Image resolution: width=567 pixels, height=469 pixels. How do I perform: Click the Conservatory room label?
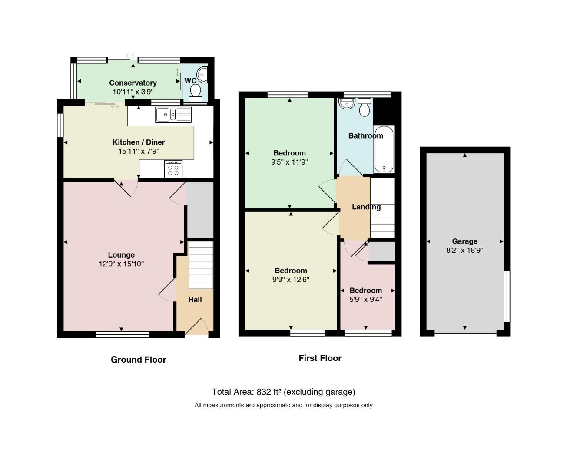click(x=133, y=83)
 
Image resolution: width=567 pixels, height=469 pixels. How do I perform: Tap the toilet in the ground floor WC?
click(x=196, y=93)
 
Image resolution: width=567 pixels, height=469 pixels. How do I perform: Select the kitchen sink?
click(x=173, y=115)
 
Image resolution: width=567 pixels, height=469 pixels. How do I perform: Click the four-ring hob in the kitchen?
click(x=173, y=169)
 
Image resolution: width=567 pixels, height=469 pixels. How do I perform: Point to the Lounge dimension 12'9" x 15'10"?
click(x=121, y=264)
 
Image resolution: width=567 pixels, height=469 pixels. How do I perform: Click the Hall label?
click(x=195, y=300)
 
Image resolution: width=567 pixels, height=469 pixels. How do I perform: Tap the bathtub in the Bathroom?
click(x=384, y=149)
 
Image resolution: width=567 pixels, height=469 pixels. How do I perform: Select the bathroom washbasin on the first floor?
click(x=347, y=103)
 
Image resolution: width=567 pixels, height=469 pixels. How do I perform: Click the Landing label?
click(x=366, y=207)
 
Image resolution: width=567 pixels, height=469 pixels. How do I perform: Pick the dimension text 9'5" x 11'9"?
click(x=290, y=162)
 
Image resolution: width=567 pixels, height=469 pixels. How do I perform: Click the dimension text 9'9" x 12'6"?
click(x=291, y=280)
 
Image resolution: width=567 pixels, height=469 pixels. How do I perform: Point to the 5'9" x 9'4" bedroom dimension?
click(x=366, y=299)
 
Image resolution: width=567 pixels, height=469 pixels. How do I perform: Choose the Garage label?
click(x=464, y=241)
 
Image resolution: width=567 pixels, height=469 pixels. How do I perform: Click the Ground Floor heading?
click(x=139, y=360)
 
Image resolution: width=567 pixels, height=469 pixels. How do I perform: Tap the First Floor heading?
click(x=320, y=358)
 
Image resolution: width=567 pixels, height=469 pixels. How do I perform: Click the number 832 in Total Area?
click(x=264, y=392)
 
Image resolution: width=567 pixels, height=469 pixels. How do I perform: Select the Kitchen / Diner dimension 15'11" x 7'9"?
click(x=139, y=151)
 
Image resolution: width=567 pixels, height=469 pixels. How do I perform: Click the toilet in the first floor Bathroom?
click(x=365, y=107)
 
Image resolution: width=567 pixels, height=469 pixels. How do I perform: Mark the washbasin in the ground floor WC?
click(x=202, y=74)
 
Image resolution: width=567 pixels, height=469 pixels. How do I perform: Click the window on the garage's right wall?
click(x=507, y=297)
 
